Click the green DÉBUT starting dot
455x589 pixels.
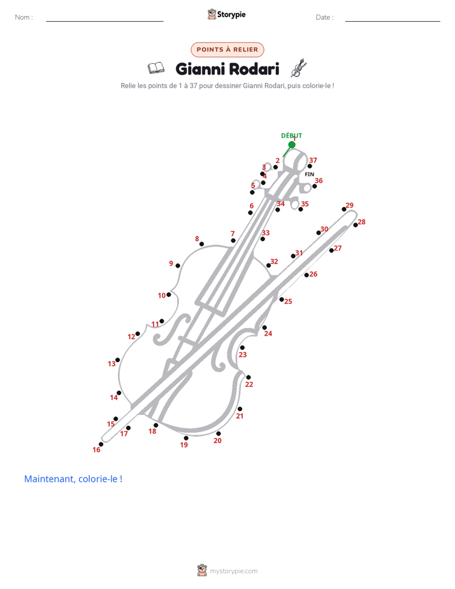pos(292,145)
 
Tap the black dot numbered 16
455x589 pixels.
pos(101,444)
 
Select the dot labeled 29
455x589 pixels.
pos(344,209)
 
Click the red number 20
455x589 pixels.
pos(217,440)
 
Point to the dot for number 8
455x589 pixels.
pos(201,244)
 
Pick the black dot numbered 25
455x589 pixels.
pos(282,300)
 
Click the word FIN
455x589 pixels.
pos(309,174)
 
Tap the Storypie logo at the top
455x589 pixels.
pos(226,14)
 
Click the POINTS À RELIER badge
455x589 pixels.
pos(227,50)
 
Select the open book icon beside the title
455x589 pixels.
pos(155,68)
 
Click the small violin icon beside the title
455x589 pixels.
pos(299,68)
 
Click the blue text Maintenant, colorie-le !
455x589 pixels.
pos(73,479)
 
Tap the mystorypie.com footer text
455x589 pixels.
pos(233,571)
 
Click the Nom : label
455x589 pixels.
pos(24,17)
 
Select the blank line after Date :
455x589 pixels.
pos(393,21)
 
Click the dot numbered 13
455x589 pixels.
pos(117,360)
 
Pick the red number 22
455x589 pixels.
pos(249,384)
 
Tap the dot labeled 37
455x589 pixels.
pos(310,166)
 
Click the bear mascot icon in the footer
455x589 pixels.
pos(202,570)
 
